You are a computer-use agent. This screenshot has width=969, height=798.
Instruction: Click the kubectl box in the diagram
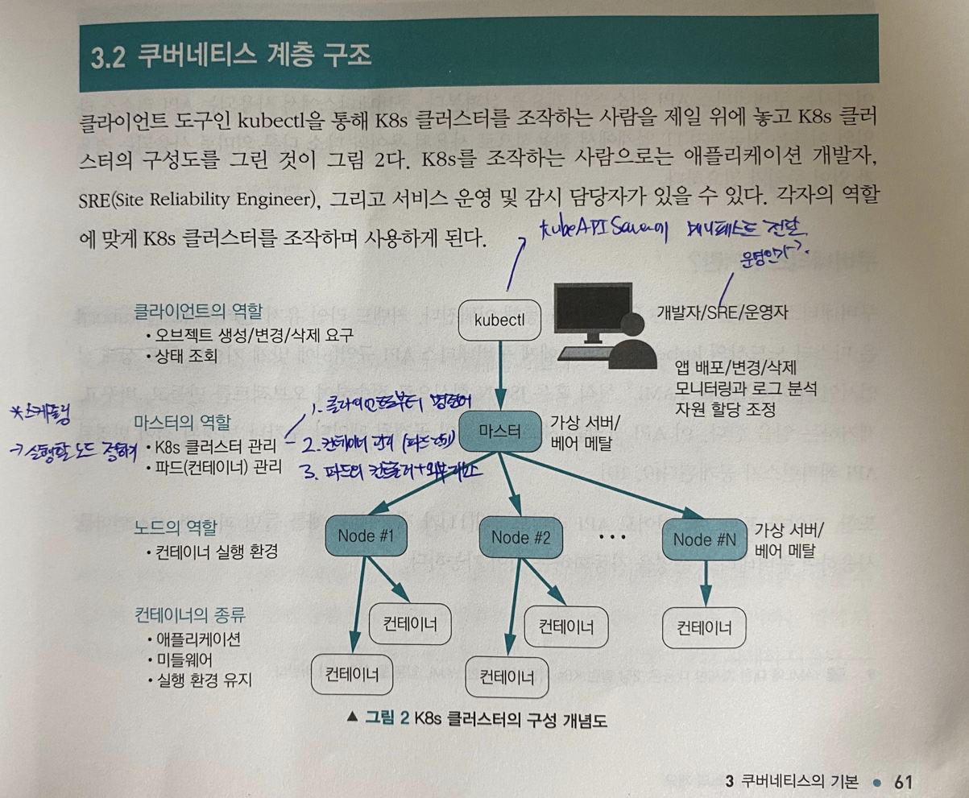pyautogui.click(x=499, y=320)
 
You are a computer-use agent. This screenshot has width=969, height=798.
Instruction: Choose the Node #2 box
pyautogui.click(x=520, y=538)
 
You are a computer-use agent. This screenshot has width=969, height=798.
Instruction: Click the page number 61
pyautogui.click(x=901, y=781)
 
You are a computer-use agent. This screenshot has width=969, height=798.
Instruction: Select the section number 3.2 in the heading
pyautogui.click(x=106, y=60)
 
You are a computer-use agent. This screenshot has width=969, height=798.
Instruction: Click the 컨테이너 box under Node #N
pyautogui.click(x=704, y=628)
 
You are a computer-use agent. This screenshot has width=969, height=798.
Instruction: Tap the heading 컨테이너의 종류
pyautogui.click(x=190, y=616)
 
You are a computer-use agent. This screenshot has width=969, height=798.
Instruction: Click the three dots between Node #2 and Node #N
pyautogui.click(x=611, y=535)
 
